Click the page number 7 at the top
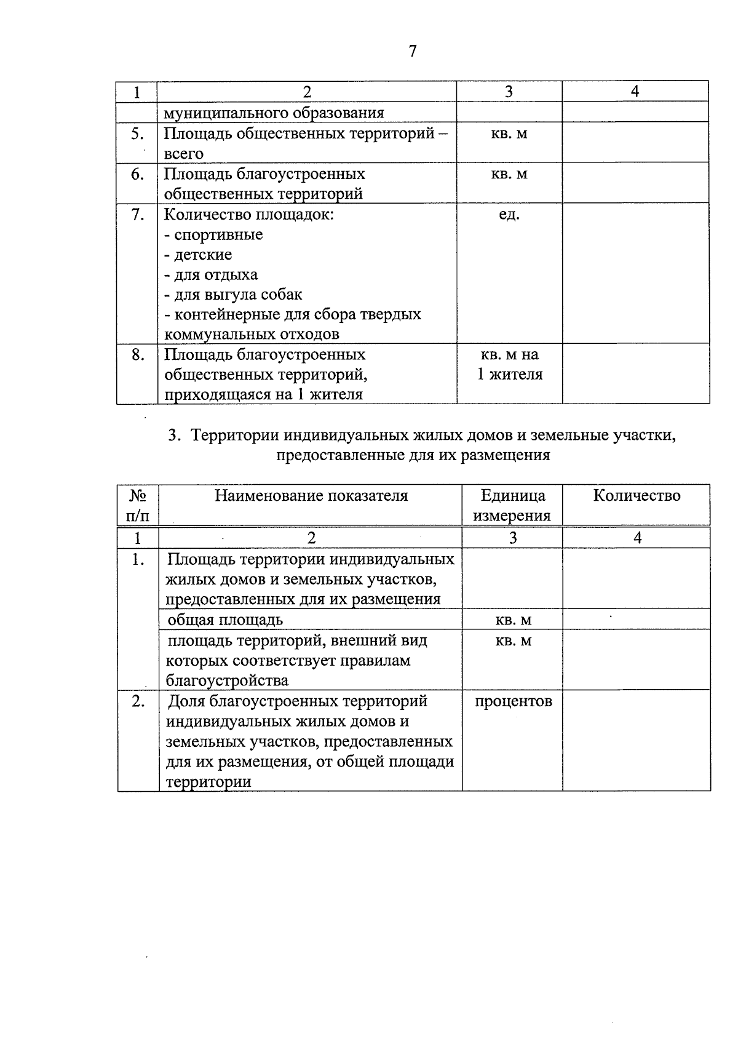pos(413,51)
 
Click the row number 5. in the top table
pos(138,134)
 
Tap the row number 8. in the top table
pos(138,355)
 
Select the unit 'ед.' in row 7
pos(509,215)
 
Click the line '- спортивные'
pos(213,235)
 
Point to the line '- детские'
pos(198,255)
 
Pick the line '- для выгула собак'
pos(233,295)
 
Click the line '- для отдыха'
pos(211,275)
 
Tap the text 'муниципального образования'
pos(274,113)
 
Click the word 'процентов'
pos(513,701)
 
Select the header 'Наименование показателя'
pos(311,496)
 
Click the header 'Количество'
pos(637,496)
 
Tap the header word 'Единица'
pos(513,496)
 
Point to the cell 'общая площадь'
pos(225,620)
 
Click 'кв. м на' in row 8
pos(509,355)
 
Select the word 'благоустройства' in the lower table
pos(227,680)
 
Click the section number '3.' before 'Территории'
pos(175,436)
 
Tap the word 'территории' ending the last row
pos(208,783)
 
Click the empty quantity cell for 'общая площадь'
pos(637,620)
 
